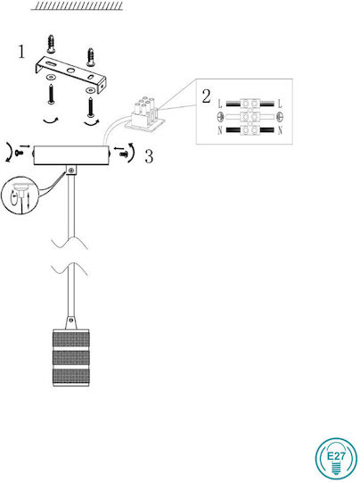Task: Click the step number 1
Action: (21, 52)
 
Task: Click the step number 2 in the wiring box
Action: (206, 96)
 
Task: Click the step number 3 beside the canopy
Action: (149, 156)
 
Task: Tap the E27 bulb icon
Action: (336, 459)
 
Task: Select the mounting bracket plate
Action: (71, 75)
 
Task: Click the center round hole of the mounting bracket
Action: (71, 71)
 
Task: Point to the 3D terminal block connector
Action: (143, 115)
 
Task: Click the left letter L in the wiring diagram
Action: (220, 104)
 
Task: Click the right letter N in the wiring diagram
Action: (280, 130)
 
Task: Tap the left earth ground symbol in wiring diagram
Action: (220, 117)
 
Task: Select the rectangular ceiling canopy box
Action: (71, 155)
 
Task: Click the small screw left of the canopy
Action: (20, 152)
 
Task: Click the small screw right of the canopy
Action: (124, 154)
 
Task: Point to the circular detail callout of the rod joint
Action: (19, 195)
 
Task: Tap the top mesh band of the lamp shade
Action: (71, 339)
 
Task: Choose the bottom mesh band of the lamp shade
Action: (71, 377)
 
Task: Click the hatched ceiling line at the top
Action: (77, 6)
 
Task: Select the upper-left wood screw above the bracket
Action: (51, 44)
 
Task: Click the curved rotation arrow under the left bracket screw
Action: (51, 121)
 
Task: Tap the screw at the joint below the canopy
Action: (71, 170)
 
